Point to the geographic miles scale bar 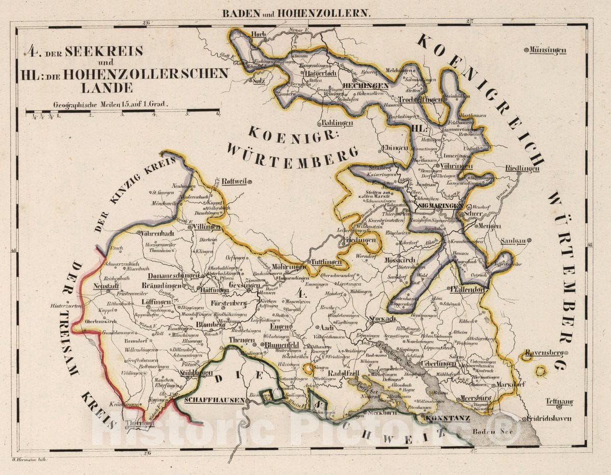[x=122, y=112]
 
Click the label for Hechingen [x=366, y=86]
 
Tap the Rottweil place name [x=234, y=181]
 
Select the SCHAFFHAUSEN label [x=214, y=400]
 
